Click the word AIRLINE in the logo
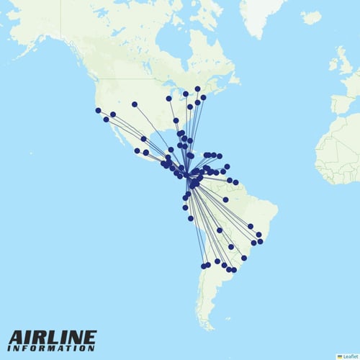[x=52, y=338]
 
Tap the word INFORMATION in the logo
[x=52, y=348]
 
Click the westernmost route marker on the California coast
[x=98, y=110]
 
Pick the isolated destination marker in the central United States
[x=135, y=104]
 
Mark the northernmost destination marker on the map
[x=197, y=89]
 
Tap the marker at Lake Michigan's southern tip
[x=168, y=99]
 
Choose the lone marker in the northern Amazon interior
[x=225, y=199]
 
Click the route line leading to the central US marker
[x=155, y=133]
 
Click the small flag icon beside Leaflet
[x=339, y=356]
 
